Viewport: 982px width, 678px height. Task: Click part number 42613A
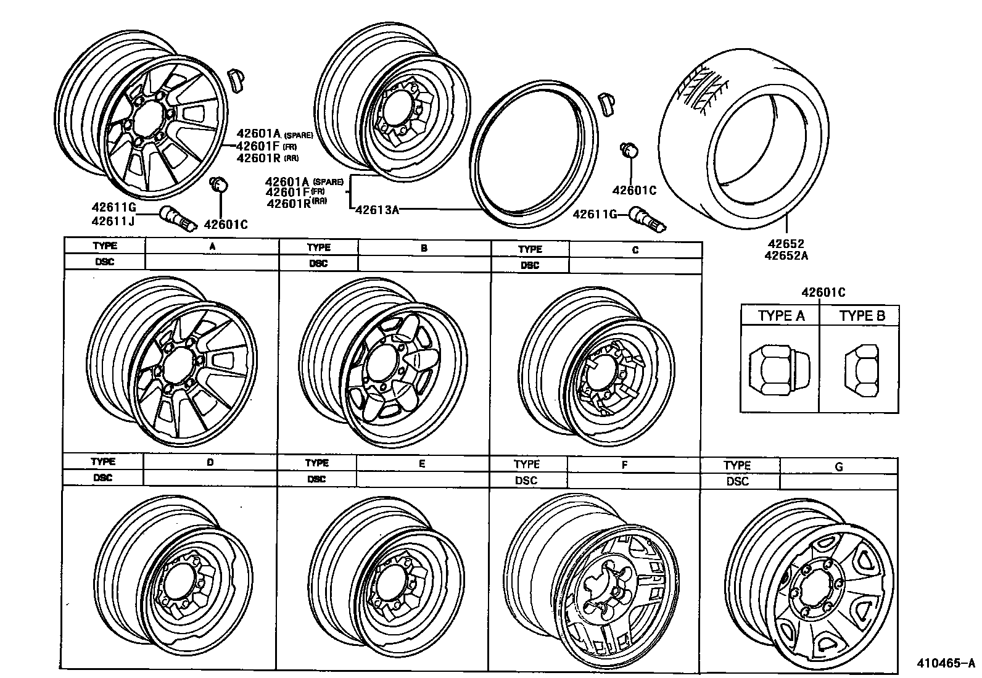pyautogui.click(x=377, y=210)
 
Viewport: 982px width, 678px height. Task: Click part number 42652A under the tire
pyautogui.click(x=785, y=255)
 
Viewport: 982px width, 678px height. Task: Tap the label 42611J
pyautogui.click(x=113, y=220)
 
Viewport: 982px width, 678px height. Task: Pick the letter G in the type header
pyautogui.click(x=838, y=467)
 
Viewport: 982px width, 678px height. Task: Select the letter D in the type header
pyautogui.click(x=210, y=462)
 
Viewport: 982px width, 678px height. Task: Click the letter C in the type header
pyautogui.click(x=635, y=250)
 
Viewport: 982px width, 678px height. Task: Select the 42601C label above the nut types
pyautogui.click(x=823, y=292)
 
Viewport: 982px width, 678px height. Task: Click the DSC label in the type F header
pyautogui.click(x=526, y=481)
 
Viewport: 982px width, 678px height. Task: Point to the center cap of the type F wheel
pyautogui.click(x=604, y=585)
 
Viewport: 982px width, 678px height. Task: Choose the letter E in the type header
pyautogui.click(x=422, y=464)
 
